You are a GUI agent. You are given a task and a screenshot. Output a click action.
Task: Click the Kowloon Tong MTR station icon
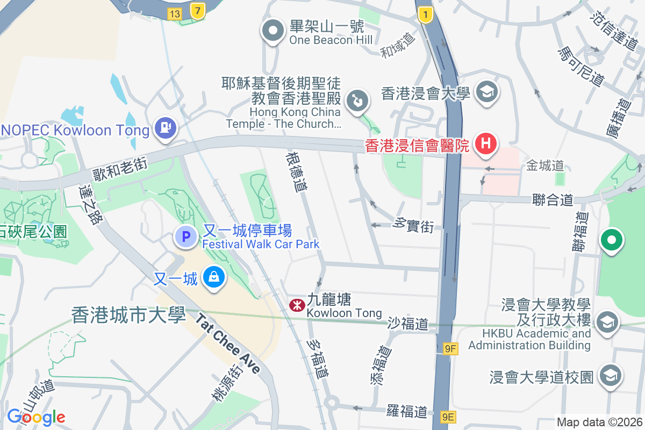click(x=295, y=305)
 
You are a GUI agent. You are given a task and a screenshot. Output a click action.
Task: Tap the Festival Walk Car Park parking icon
click(x=186, y=236)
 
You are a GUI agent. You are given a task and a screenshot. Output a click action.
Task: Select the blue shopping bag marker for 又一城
click(x=214, y=278)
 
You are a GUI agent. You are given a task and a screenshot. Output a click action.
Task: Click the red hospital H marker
click(x=486, y=145)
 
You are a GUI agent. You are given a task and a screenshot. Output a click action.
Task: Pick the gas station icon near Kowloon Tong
click(x=166, y=128)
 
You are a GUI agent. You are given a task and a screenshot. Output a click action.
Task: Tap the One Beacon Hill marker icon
click(x=273, y=31)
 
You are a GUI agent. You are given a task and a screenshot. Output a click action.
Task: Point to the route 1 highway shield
click(x=425, y=16)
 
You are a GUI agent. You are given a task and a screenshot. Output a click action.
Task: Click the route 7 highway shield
click(x=198, y=10)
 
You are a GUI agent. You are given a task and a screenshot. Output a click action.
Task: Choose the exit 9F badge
click(x=450, y=349)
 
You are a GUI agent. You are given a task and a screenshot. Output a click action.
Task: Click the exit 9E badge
click(x=448, y=417)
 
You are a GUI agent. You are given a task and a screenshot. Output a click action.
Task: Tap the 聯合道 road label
click(x=553, y=200)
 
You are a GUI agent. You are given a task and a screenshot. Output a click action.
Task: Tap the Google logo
click(x=36, y=417)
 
